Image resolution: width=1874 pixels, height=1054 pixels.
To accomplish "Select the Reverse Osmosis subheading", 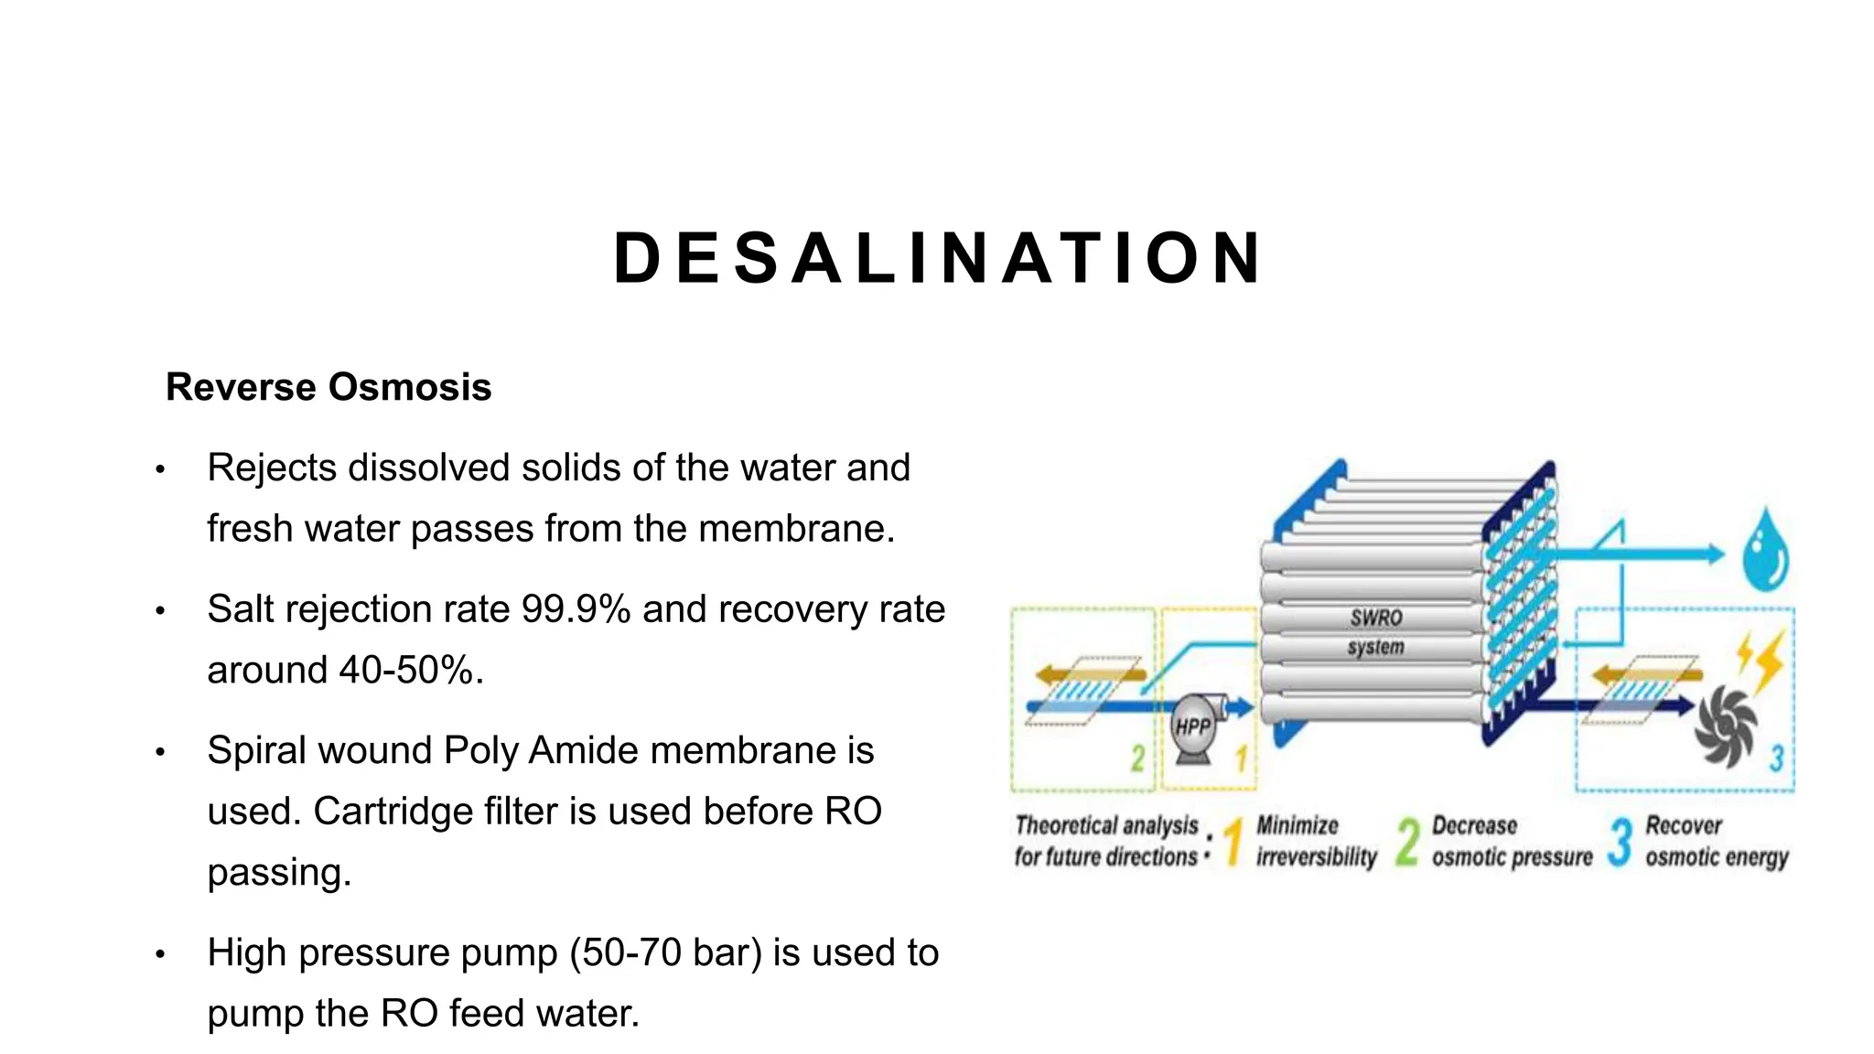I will [328, 387].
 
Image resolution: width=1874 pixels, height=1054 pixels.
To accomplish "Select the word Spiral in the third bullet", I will [256, 750].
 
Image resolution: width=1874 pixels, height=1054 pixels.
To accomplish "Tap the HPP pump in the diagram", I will [1192, 727].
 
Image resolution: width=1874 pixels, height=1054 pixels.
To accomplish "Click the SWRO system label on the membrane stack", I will [1375, 632].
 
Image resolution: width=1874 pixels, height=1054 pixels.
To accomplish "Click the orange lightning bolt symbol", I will [1762, 658].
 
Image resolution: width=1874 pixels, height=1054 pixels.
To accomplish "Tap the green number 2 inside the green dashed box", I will [1137, 758].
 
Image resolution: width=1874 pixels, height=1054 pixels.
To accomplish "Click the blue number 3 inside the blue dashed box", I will [1776, 758].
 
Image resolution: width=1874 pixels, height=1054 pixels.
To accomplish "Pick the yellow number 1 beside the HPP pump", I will [1242, 758].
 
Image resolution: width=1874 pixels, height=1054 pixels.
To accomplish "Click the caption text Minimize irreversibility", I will [1315, 841].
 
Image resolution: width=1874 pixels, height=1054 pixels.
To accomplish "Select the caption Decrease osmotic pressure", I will [1512, 841].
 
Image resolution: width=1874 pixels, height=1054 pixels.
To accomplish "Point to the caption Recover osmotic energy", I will [1716, 841].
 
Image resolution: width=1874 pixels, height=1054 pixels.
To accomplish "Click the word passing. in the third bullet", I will [279, 873].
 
